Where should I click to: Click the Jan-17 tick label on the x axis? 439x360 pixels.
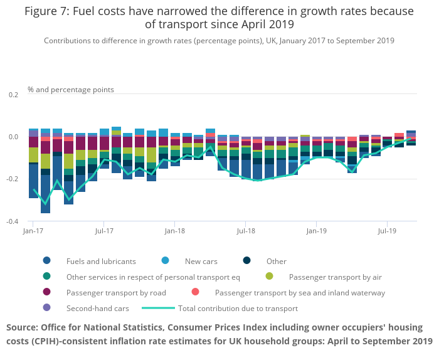(33, 231)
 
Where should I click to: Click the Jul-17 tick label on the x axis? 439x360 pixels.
(104, 231)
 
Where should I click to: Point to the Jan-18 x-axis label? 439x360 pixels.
(175, 231)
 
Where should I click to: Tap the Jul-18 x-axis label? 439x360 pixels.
(245, 231)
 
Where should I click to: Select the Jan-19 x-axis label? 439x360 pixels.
(316, 231)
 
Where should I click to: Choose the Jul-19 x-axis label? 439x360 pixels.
(387, 231)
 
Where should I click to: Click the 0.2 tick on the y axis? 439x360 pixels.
(14, 94)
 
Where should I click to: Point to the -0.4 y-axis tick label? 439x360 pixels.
(13, 221)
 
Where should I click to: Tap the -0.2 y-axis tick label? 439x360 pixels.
(13, 179)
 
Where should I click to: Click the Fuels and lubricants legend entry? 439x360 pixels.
(100, 261)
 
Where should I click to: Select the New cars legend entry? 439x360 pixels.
(201, 261)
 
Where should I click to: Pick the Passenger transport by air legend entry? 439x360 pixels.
(335, 277)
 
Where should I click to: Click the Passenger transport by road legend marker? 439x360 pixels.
(47, 292)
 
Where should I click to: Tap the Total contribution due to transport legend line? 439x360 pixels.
(158, 308)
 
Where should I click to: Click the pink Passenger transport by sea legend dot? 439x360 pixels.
(196, 292)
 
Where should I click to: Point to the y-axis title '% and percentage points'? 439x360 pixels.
(71, 90)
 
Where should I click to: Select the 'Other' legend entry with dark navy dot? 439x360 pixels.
(276, 261)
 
